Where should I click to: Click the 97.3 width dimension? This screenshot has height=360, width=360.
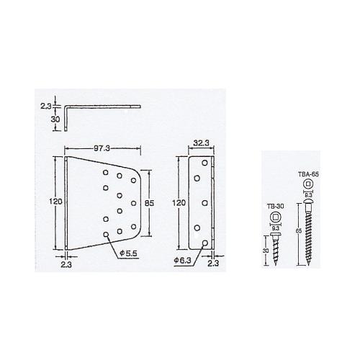(102, 148)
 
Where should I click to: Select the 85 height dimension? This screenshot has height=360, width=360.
(149, 203)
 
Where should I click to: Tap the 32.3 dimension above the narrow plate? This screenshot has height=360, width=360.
(201, 143)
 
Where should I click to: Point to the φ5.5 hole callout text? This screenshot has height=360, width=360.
(129, 253)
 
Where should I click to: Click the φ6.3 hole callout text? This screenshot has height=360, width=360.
(183, 260)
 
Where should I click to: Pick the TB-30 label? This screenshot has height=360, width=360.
(275, 206)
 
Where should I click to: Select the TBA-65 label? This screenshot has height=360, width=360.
(308, 174)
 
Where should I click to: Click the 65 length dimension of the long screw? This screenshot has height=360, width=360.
(299, 231)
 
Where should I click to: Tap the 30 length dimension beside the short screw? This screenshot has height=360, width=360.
(266, 251)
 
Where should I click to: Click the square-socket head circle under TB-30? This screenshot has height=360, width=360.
(275, 217)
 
